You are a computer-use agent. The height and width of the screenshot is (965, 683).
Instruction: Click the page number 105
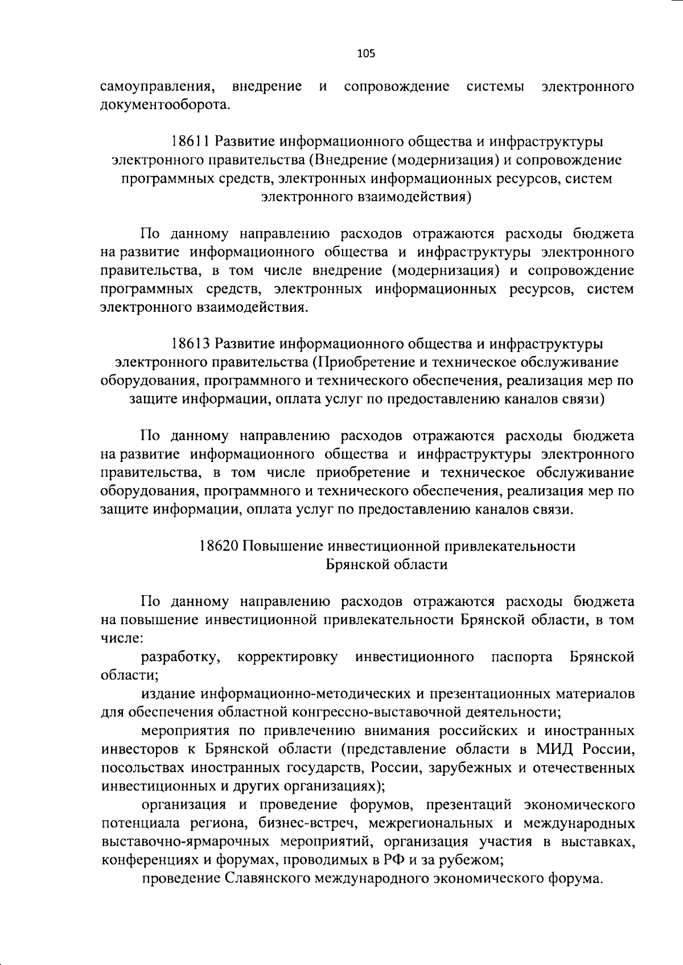[366, 54]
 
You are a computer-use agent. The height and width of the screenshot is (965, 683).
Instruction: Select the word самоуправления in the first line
[158, 88]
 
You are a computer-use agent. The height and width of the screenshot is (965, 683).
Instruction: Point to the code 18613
[191, 344]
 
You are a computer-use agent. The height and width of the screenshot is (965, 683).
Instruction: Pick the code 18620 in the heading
[219, 546]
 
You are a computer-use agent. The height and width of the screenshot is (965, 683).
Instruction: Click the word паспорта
[521, 658]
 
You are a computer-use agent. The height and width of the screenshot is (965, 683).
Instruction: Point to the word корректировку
[287, 658]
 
